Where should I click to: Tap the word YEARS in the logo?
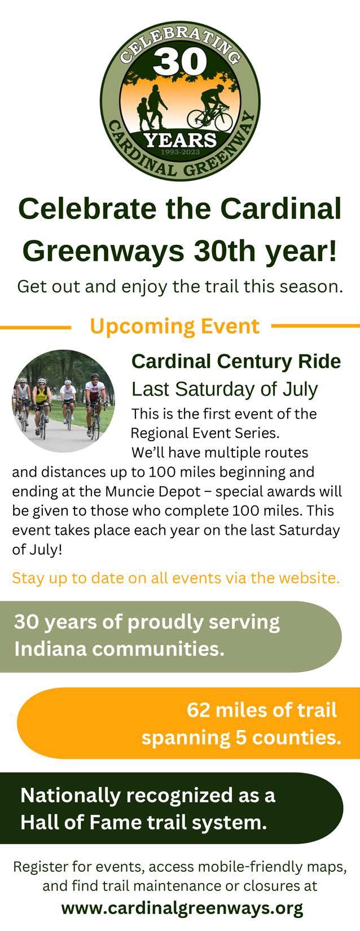click(x=180, y=140)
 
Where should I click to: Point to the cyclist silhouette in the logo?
click(x=210, y=108)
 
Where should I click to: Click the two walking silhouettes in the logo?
click(x=152, y=107)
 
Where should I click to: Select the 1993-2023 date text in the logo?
click(x=180, y=152)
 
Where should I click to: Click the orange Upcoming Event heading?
click(x=174, y=326)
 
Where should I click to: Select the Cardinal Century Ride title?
click(x=236, y=362)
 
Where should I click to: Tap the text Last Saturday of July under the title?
click(x=225, y=389)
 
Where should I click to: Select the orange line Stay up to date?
click(x=176, y=578)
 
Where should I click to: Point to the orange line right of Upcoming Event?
click(x=315, y=326)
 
